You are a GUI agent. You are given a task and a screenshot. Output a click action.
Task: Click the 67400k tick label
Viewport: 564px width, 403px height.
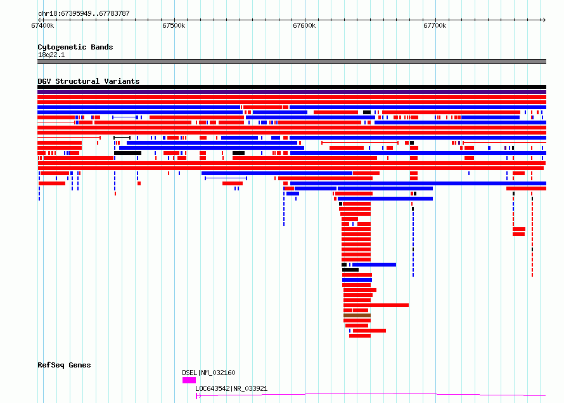pyautogui.click(x=42, y=25)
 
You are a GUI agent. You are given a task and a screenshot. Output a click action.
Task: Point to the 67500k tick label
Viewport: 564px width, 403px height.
pyautogui.click(x=174, y=25)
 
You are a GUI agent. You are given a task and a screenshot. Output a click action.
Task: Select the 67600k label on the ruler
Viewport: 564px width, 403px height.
pyautogui.click(x=304, y=25)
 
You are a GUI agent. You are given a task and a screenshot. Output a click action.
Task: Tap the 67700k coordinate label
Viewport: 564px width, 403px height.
pyautogui.click(x=435, y=25)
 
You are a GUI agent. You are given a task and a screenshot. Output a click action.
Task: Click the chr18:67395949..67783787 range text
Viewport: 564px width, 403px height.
pyautogui.click(x=84, y=14)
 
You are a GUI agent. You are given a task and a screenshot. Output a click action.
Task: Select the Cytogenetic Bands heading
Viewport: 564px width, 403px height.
pyautogui.click(x=75, y=47)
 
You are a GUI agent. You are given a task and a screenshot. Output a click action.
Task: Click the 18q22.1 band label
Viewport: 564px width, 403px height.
pyautogui.click(x=51, y=55)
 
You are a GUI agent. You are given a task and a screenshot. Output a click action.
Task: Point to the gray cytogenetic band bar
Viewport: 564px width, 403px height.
pyautogui.click(x=292, y=62)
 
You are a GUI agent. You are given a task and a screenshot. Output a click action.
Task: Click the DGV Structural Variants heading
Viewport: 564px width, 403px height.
pyautogui.click(x=89, y=81)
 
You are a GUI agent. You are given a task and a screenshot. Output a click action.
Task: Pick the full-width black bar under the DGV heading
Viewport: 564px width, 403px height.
pyautogui.click(x=292, y=87)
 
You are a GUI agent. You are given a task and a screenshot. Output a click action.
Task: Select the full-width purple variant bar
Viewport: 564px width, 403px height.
pyautogui.click(x=292, y=92)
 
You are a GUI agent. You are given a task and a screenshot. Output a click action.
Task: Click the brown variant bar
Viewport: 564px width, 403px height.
pyautogui.click(x=357, y=315)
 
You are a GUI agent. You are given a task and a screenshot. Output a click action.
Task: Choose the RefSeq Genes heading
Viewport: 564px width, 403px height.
pyautogui.click(x=64, y=365)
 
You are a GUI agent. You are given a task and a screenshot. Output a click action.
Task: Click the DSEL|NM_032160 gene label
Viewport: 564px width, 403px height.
pyautogui.click(x=208, y=373)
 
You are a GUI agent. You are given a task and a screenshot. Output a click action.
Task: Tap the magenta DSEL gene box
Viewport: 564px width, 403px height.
pyautogui.click(x=189, y=380)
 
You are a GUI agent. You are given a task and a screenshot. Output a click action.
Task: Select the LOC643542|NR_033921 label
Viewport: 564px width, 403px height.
pyautogui.click(x=231, y=388)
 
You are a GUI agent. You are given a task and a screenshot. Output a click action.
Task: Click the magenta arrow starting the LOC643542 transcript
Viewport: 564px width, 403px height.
pyautogui.click(x=198, y=396)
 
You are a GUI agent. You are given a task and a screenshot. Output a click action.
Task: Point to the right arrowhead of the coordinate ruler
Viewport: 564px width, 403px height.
pyautogui.click(x=544, y=20)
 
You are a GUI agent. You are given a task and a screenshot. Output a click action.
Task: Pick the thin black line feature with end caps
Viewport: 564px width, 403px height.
pyautogui.click(x=122, y=138)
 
